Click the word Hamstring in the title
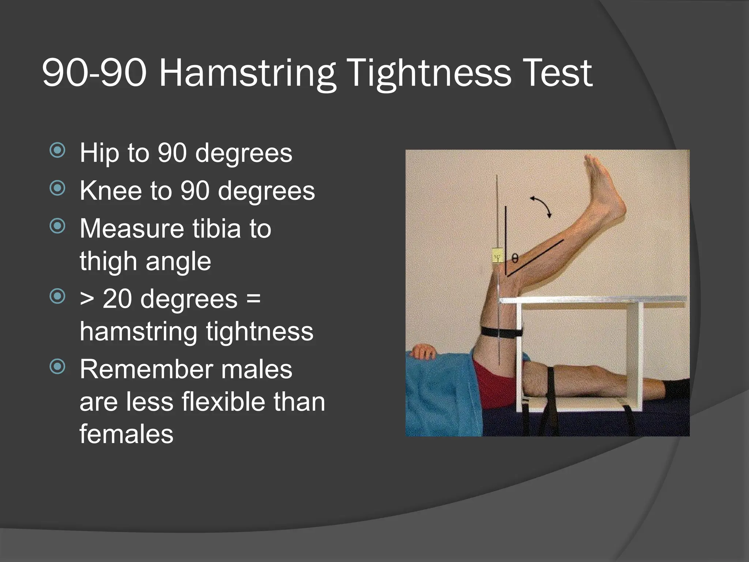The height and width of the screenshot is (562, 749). point(247,73)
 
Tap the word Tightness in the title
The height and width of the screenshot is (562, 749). point(429,73)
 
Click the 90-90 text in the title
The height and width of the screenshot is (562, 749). point(94,73)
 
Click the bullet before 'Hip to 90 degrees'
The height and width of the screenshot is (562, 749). point(57,150)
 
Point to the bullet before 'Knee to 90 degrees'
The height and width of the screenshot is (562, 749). point(57,188)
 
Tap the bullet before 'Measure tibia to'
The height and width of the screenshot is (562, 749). point(57,226)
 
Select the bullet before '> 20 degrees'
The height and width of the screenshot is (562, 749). point(57,296)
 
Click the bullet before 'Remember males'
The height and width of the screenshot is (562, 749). point(57,366)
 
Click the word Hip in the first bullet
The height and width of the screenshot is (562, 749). point(99,153)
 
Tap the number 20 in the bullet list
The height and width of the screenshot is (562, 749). point(117,299)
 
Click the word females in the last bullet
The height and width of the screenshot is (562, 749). point(127,434)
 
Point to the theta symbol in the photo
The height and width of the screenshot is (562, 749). point(515,259)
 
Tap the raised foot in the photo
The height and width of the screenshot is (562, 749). point(603,187)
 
